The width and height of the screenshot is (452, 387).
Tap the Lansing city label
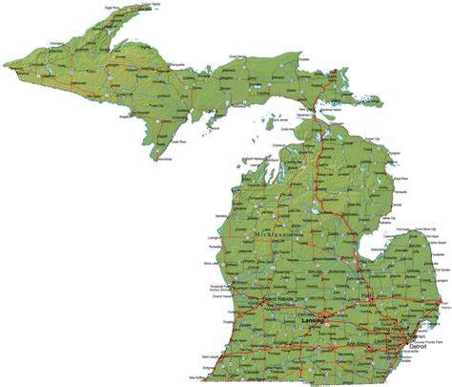(314, 321)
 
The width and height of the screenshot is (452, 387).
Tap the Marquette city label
(172, 74)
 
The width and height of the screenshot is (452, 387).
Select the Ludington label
(216, 235)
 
